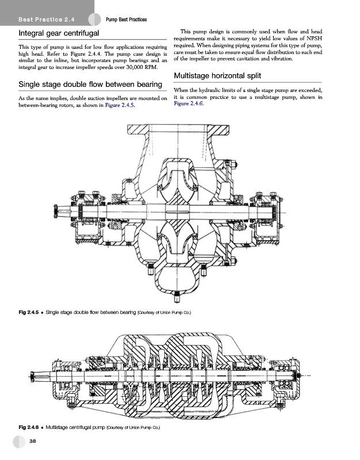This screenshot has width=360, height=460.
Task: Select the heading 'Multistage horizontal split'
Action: (217, 76)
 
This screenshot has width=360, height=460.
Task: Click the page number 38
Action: (33, 442)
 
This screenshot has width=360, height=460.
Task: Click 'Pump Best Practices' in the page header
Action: (127, 20)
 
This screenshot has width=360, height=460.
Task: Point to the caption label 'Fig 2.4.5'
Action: (29, 312)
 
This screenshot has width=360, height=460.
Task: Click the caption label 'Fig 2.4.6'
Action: (29, 428)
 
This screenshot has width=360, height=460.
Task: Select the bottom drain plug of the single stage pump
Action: (175, 294)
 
